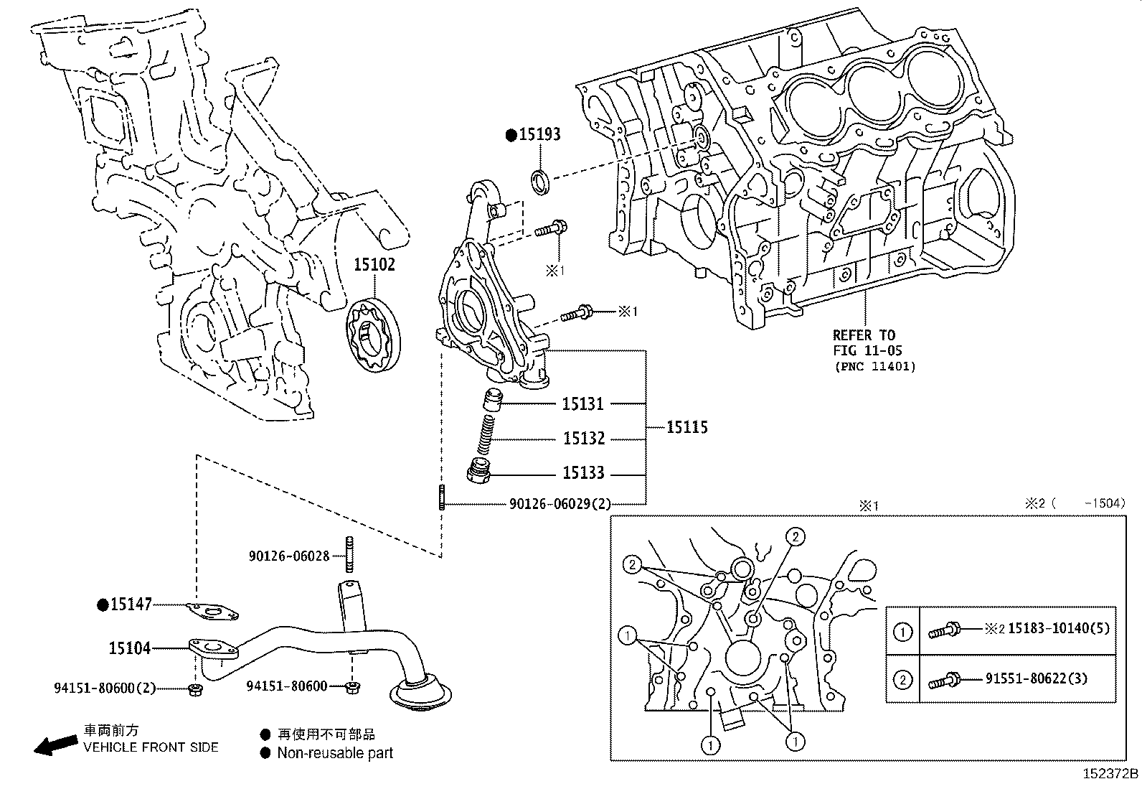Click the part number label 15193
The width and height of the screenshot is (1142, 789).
click(x=539, y=135)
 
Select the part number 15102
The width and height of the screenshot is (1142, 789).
click(x=374, y=264)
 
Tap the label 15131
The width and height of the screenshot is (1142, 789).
click(x=582, y=404)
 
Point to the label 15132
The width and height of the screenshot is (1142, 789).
click(x=584, y=439)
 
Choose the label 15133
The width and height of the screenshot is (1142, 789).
click(x=583, y=473)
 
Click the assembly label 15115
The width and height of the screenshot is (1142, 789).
click(x=687, y=427)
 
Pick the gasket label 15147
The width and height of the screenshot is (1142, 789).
click(x=131, y=604)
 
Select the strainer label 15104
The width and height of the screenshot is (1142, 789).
click(x=130, y=648)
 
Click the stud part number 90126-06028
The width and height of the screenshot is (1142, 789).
click(x=289, y=556)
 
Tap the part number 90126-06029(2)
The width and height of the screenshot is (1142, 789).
click(x=560, y=504)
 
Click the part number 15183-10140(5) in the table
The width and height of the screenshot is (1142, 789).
click(x=1059, y=628)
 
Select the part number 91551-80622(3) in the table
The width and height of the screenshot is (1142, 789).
click(x=1037, y=678)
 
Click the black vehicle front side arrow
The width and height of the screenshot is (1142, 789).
click(x=56, y=745)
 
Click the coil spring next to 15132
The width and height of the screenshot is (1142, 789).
click(x=486, y=434)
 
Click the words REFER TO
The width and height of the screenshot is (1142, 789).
click(x=864, y=335)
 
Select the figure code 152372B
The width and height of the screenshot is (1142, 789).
click(x=1110, y=774)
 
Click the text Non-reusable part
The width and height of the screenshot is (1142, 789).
click(x=335, y=753)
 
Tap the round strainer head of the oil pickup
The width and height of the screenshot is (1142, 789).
click(x=420, y=692)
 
